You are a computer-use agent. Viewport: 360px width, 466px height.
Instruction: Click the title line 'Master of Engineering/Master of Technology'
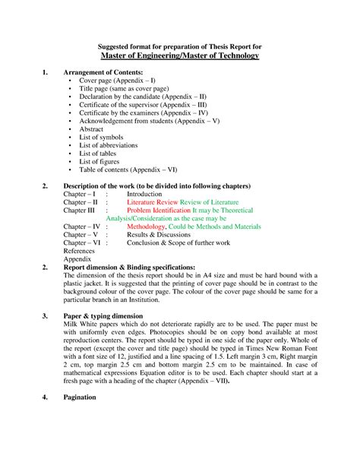click(180, 56)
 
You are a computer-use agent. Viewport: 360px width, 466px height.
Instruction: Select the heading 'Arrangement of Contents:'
click(103, 71)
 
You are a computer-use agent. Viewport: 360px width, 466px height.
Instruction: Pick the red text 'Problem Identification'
click(158, 214)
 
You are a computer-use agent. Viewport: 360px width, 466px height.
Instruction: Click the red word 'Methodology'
click(146, 227)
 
